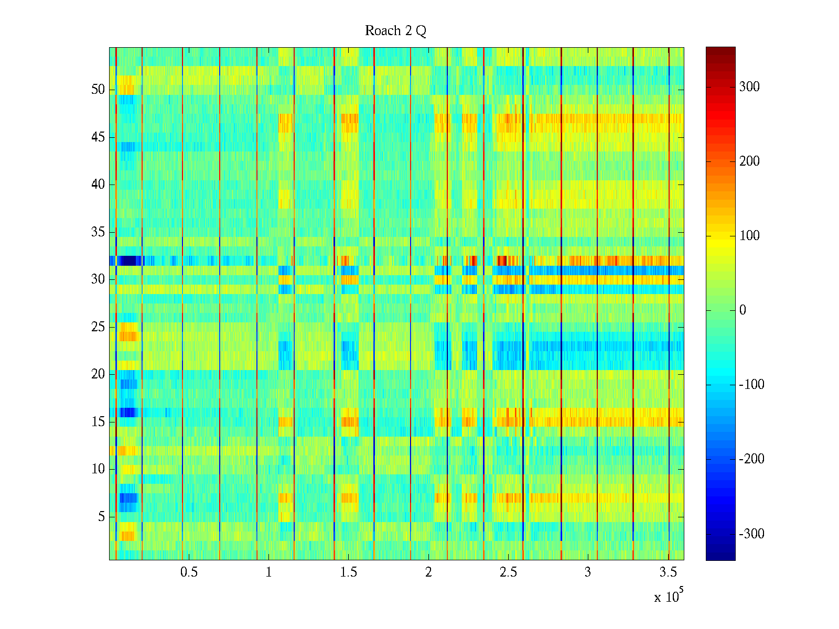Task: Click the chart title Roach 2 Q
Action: [x=395, y=31]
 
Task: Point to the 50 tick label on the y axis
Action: [x=98, y=90]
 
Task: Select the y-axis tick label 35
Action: [x=98, y=232]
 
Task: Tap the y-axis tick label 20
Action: [x=98, y=374]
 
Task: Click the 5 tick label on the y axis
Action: [x=101, y=517]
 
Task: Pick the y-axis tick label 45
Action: [x=98, y=137]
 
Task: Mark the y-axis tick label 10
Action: [x=98, y=469]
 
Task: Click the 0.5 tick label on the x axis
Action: [x=189, y=572]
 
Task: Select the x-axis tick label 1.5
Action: [x=349, y=572]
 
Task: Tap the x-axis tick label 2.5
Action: [x=508, y=572]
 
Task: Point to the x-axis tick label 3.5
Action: [x=668, y=572]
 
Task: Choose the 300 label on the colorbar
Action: [x=749, y=87]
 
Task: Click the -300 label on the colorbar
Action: [x=751, y=534]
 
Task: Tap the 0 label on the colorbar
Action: [x=743, y=310]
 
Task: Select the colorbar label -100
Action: [x=751, y=385]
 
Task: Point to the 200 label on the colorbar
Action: [x=749, y=161]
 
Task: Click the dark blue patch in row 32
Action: [x=129, y=261]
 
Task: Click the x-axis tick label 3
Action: [x=588, y=572]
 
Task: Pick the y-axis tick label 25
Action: [x=98, y=327]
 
